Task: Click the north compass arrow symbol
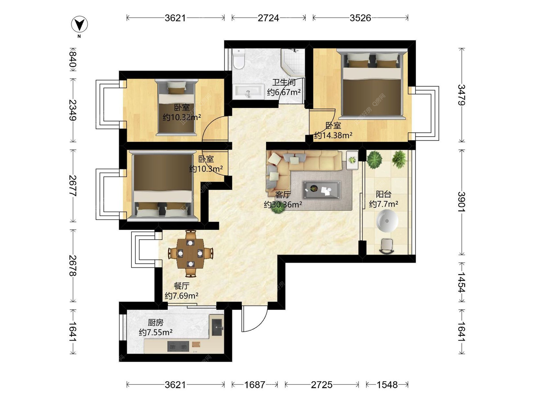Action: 79,24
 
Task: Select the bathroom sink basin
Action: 248,91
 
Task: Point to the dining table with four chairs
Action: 191,253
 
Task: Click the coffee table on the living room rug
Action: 322,190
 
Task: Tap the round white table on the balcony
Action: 387,221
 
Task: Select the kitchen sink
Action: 217,327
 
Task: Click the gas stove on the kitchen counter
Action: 178,347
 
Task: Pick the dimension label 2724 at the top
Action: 268,18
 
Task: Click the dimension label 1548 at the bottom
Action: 387,385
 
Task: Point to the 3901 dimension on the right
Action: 462,202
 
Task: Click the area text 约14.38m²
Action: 333,135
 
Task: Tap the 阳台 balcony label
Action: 384,194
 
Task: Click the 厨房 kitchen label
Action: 155,323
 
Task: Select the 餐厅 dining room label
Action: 181,286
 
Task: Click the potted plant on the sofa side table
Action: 352,160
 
